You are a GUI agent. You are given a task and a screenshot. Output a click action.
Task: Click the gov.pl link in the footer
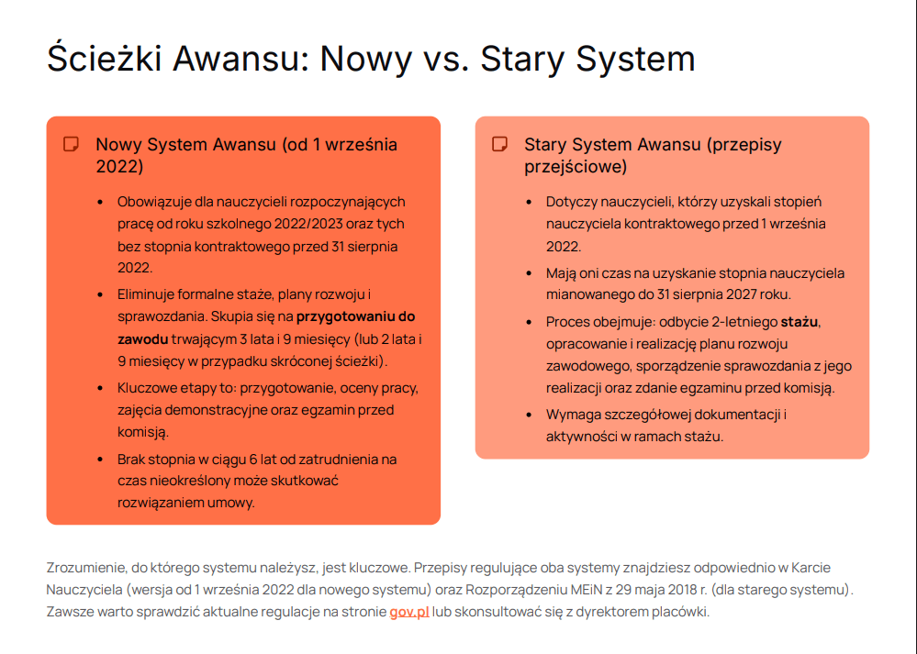tap(409, 612)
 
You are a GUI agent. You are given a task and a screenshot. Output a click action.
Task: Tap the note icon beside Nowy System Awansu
tap(72, 144)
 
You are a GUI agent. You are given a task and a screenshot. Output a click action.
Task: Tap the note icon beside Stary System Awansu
tap(500, 144)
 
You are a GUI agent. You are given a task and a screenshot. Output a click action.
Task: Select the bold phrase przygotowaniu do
tap(355, 316)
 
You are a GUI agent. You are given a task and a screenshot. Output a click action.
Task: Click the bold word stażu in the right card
tap(800, 322)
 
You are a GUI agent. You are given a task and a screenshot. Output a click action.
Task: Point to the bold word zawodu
tap(142, 339)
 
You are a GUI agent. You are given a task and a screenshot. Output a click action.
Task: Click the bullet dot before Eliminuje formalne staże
tap(100, 294)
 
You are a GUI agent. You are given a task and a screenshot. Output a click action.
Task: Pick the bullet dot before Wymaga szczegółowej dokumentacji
tap(529, 415)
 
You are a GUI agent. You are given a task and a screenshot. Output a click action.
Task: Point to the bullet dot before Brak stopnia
tap(100, 460)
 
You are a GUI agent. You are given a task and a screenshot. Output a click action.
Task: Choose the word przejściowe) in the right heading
tap(576, 167)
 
